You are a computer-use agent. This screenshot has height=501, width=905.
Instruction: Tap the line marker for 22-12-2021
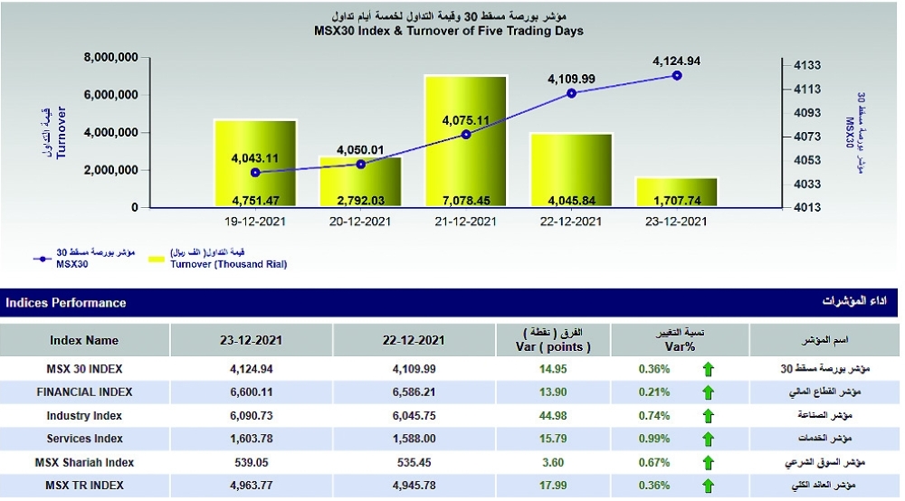(571, 92)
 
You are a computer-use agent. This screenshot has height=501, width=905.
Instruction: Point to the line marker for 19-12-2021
(255, 172)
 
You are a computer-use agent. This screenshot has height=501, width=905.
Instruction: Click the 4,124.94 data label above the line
(677, 61)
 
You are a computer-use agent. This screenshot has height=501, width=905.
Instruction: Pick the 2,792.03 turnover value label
(360, 199)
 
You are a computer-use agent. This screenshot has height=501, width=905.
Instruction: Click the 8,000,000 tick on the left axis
(110, 57)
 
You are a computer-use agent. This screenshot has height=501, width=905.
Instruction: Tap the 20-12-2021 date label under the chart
(360, 221)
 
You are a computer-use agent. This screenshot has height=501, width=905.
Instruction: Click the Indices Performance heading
(66, 303)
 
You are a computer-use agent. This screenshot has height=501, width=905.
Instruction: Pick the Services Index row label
(84, 439)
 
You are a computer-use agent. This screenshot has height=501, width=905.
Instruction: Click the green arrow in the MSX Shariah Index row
(708, 463)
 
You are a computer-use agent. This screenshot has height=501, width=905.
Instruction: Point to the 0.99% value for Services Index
(653, 439)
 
